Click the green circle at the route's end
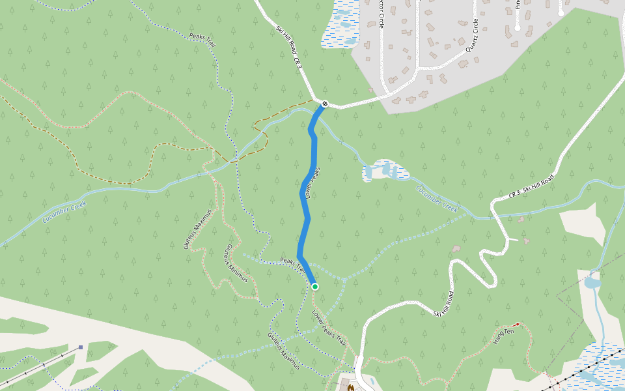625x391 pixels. point(315,286)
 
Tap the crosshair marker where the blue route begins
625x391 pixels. point(324,103)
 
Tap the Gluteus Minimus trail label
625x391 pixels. point(236,263)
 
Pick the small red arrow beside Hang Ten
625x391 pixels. point(517,324)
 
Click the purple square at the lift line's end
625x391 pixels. point(80,347)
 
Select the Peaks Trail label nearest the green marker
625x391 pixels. point(292,264)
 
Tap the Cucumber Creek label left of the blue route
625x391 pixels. point(64,212)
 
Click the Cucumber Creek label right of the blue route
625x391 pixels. point(437,199)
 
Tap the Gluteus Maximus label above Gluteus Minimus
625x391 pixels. point(198,229)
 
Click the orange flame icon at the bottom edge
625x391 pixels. point(351,388)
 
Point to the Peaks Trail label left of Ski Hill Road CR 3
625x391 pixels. point(202,40)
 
